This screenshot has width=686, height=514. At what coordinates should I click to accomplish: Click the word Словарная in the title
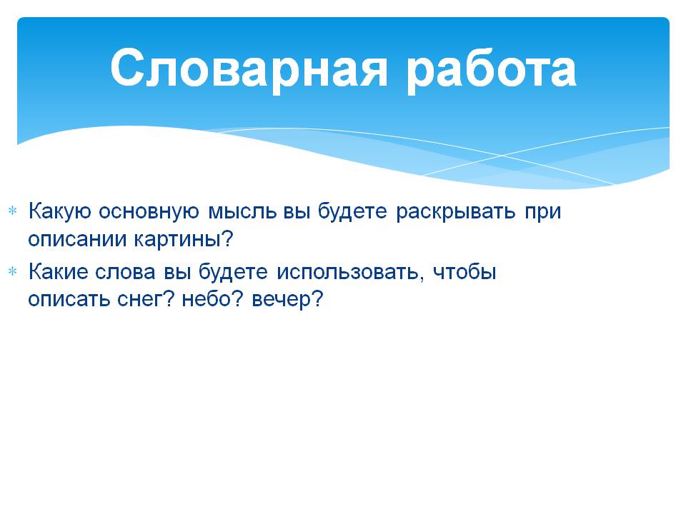249,70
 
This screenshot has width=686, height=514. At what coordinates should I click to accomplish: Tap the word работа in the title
492,70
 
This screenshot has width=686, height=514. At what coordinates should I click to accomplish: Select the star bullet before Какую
13,211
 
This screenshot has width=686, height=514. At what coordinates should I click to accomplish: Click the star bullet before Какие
13,271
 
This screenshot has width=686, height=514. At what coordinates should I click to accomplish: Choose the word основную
149,211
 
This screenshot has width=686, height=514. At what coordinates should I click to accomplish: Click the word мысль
242,211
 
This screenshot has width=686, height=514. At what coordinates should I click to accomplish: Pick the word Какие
57,272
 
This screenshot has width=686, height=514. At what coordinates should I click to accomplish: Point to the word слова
125,273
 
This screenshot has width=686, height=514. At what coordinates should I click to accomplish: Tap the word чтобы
464,272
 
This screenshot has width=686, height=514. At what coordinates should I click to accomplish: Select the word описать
69,300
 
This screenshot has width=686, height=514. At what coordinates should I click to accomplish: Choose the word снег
141,300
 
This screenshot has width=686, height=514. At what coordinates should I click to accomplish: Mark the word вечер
281,301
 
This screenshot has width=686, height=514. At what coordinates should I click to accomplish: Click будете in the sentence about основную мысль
352,211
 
